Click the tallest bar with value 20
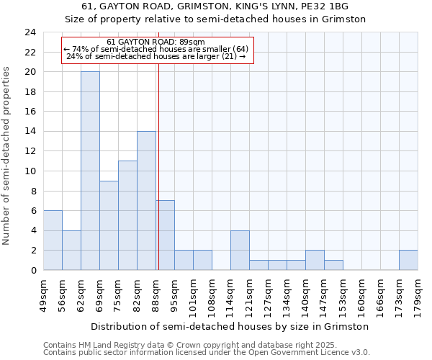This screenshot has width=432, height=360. click(90, 171)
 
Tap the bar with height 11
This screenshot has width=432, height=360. click(127, 215)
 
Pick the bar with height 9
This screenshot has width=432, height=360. click(109, 225)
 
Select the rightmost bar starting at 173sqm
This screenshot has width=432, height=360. click(408, 260)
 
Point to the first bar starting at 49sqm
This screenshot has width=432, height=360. click(53, 240)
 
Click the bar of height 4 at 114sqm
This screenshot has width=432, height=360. click(240, 250)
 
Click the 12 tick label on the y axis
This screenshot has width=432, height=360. click(30, 151)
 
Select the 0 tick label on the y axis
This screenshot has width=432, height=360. click(33, 270)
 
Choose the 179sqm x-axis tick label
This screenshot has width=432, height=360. click(418, 294)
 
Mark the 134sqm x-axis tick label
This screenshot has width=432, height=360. click(287, 294)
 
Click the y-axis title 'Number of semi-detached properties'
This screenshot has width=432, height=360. click(7, 156)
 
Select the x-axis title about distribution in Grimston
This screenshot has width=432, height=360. click(230, 326)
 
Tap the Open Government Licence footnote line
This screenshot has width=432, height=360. click(207, 352)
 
